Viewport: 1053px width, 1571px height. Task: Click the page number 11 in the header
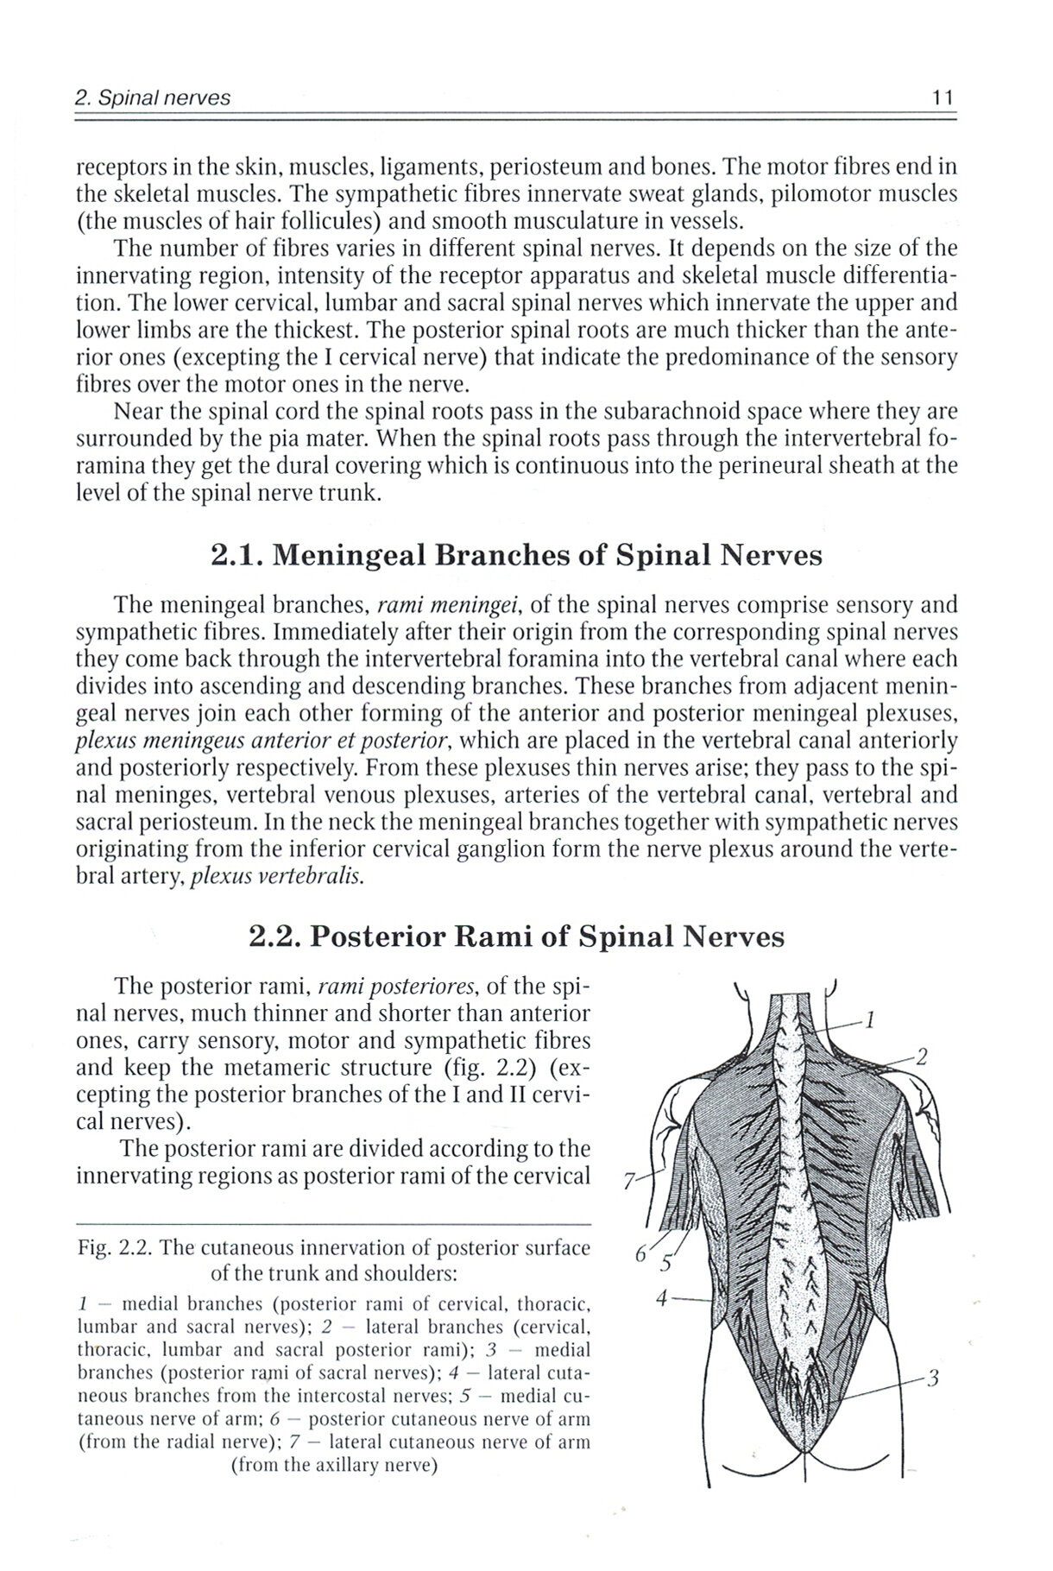[x=942, y=98]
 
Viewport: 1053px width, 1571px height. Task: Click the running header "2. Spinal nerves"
[x=154, y=98]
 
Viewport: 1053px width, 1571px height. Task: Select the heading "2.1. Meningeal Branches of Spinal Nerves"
[x=516, y=555]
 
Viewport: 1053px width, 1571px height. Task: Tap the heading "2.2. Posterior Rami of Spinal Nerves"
[x=516, y=937]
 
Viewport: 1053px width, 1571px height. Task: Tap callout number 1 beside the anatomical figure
[x=871, y=1021]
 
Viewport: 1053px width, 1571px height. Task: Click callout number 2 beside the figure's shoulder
[x=922, y=1057]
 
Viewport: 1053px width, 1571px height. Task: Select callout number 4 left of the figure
[x=660, y=1298]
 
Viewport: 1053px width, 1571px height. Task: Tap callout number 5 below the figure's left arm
[x=665, y=1266]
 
